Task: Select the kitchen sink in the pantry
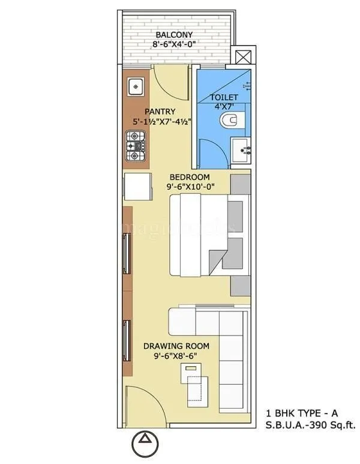tap(136, 88)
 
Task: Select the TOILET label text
tap(224, 97)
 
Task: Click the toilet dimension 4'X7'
tap(224, 107)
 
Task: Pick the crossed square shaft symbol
tap(245, 59)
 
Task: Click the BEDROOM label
tap(189, 177)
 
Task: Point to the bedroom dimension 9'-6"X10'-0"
tap(189, 187)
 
